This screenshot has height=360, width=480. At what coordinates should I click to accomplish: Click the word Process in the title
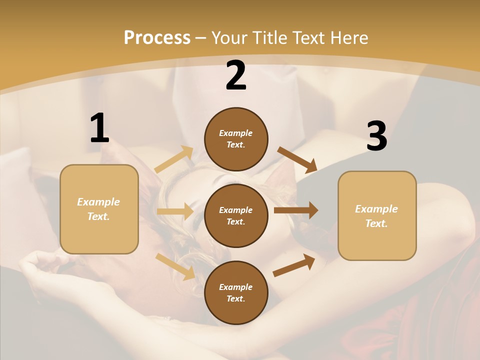point(157,38)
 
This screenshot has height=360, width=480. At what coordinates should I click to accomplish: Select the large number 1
point(99,128)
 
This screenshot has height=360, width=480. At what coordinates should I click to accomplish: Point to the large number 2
point(236,75)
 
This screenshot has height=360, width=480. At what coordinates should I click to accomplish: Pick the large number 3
point(376,136)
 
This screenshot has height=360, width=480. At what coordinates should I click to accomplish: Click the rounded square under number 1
point(99,209)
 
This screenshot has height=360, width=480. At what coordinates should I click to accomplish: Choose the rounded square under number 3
point(377,216)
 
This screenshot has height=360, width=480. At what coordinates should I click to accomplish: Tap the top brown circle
point(236,139)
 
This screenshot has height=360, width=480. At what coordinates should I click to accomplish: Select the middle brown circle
point(236,215)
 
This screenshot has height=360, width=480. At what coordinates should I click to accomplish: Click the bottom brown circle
point(236,293)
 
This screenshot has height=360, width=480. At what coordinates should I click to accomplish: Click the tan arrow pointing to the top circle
point(174,159)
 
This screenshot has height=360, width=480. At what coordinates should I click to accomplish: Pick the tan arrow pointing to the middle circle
point(175,211)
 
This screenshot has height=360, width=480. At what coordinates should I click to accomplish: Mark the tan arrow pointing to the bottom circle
point(175,266)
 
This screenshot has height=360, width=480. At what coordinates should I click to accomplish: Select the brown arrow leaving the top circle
point(297,159)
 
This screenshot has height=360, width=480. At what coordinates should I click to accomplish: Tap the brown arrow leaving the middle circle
point(296,210)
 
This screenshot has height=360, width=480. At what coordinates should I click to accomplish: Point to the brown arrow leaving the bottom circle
point(294,265)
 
